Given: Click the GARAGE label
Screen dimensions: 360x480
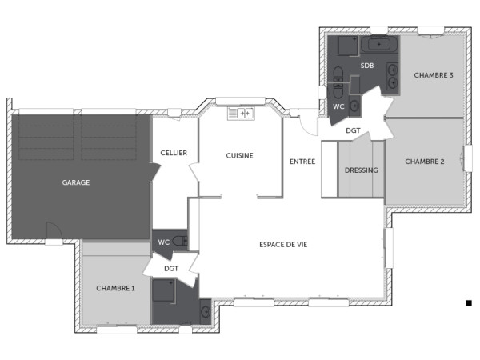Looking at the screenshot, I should pos(76,182).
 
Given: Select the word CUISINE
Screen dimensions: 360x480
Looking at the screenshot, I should pos(239,155).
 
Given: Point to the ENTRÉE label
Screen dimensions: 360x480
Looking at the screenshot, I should pos(302,162).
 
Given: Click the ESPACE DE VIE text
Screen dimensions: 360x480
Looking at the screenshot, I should pos(283,245).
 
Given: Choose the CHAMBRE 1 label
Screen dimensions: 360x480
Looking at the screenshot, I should pos(115,287).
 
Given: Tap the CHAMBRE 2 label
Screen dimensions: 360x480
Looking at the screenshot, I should pos(424,162).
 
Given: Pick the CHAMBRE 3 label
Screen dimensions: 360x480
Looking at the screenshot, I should pos(434,75).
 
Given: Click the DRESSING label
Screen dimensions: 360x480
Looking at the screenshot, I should pos(361,170).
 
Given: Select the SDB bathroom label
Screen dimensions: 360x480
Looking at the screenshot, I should pos(367,65).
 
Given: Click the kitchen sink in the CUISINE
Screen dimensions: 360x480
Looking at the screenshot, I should pos(240,114).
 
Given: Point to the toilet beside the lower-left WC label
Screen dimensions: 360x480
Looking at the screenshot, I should pos(179,240).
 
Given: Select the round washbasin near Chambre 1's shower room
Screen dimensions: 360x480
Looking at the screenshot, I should pos(205,310).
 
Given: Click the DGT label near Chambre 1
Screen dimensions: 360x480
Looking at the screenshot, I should pos(171,269).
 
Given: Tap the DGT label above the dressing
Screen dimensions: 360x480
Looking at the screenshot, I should pos(353,130).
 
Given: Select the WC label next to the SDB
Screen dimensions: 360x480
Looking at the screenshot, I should pos(338,106).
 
